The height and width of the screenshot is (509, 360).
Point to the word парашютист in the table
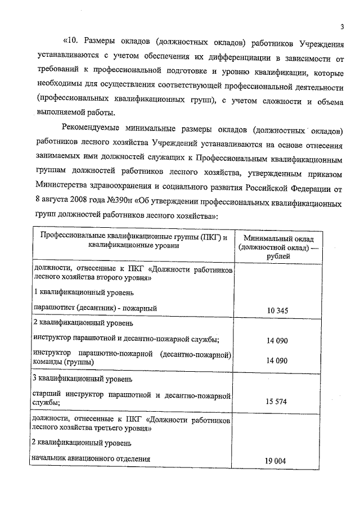coord(53,308)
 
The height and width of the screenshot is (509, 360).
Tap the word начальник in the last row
coord(53,459)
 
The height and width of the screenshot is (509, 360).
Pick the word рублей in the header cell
coord(279,256)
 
